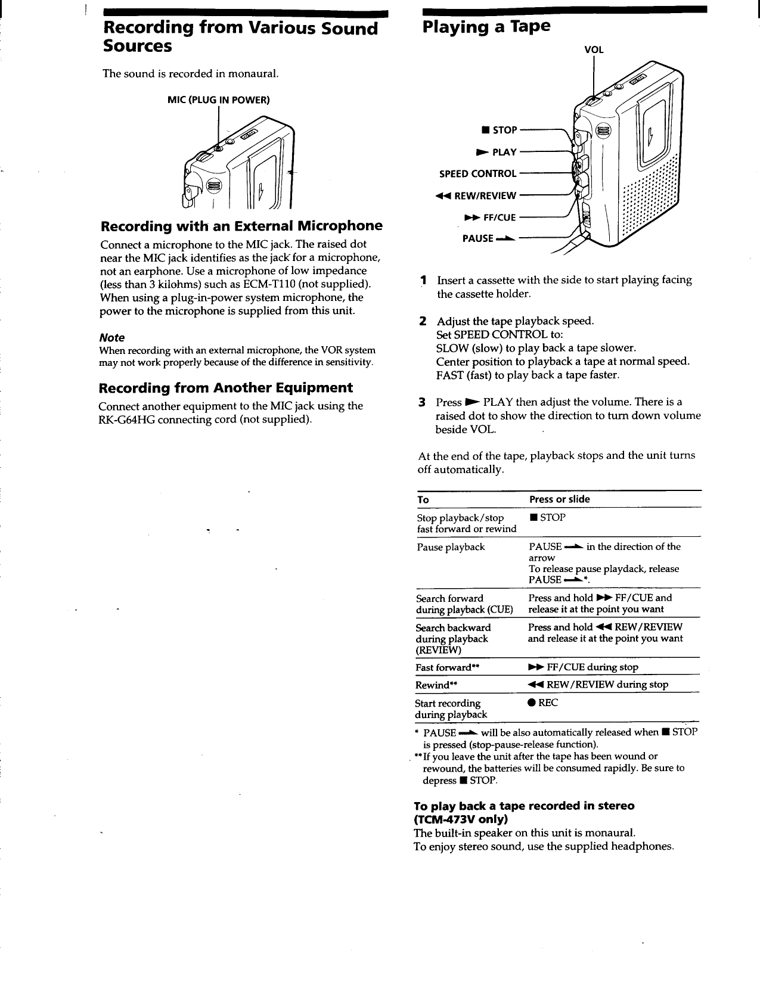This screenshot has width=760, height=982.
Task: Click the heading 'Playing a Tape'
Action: click(x=486, y=27)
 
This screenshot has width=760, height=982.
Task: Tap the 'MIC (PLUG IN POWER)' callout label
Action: click(x=219, y=100)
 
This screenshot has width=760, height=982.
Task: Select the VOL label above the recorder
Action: click(x=594, y=50)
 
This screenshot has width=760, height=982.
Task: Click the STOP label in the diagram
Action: click(x=501, y=130)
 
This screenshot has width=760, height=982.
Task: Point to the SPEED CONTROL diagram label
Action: click(x=477, y=174)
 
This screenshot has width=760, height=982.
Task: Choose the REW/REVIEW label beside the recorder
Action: click(x=476, y=195)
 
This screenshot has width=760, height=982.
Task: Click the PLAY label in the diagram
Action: click(x=496, y=153)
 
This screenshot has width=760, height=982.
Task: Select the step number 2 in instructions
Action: click(x=422, y=321)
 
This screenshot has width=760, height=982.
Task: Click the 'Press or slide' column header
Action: click(x=559, y=499)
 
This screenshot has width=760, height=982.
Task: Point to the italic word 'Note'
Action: click(x=111, y=337)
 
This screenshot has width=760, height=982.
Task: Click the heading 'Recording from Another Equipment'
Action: click(x=225, y=388)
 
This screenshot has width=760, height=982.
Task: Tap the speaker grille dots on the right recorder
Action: click(x=650, y=197)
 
